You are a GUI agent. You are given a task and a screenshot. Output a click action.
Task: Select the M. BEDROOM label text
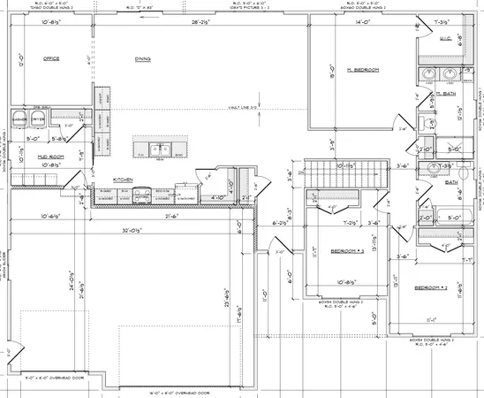(x=363, y=69)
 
